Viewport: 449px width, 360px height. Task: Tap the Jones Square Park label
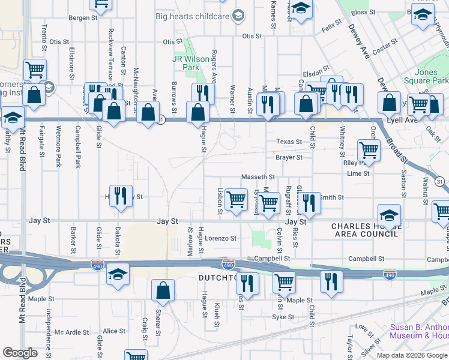(x=431, y=76)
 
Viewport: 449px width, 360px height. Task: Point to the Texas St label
(x=289, y=142)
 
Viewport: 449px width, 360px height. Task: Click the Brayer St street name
(x=289, y=158)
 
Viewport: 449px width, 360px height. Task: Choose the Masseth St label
(x=258, y=177)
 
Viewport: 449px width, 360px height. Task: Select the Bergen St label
(x=83, y=18)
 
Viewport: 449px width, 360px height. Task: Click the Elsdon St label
(x=316, y=68)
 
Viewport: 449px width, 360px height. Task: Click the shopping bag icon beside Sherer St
(x=163, y=291)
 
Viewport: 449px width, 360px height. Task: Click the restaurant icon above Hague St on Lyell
(x=203, y=93)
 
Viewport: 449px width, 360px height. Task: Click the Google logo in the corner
(x=20, y=353)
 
